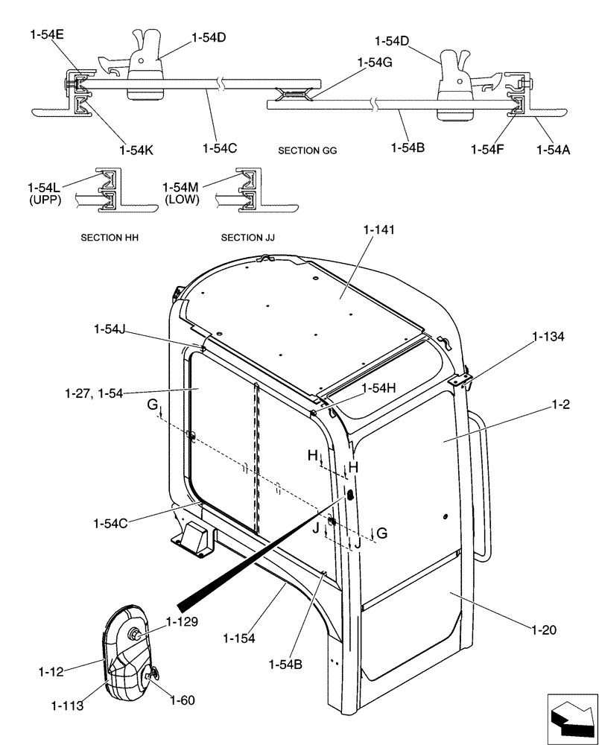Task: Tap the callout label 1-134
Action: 548,337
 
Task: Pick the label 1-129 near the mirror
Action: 182,621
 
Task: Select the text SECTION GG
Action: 307,150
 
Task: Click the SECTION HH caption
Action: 110,238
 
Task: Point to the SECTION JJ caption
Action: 247,238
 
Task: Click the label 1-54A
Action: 554,148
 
